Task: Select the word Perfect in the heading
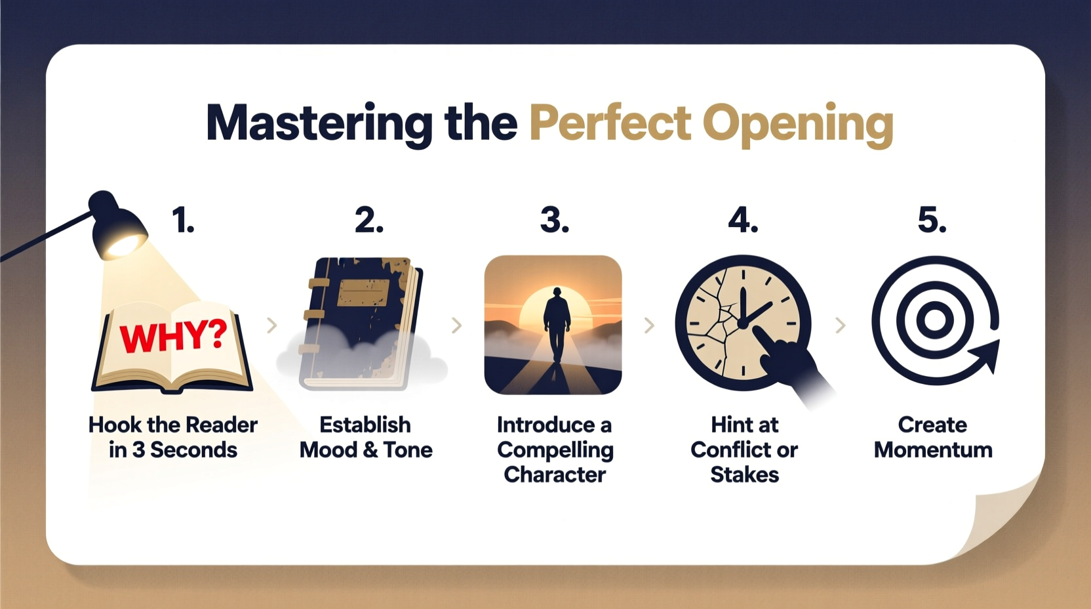coord(610,123)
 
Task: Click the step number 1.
coord(183,220)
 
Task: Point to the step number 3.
coord(554,220)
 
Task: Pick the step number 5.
coord(932,220)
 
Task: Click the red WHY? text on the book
coord(173,336)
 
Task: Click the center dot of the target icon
coord(934,321)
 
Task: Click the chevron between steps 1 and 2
coord(272,325)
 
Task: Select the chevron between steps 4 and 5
coord(840,325)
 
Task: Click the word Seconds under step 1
coord(193,450)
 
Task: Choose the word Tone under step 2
coord(408,450)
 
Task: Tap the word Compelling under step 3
coord(555,450)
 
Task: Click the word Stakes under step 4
coord(744,474)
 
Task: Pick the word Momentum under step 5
coord(932,450)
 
